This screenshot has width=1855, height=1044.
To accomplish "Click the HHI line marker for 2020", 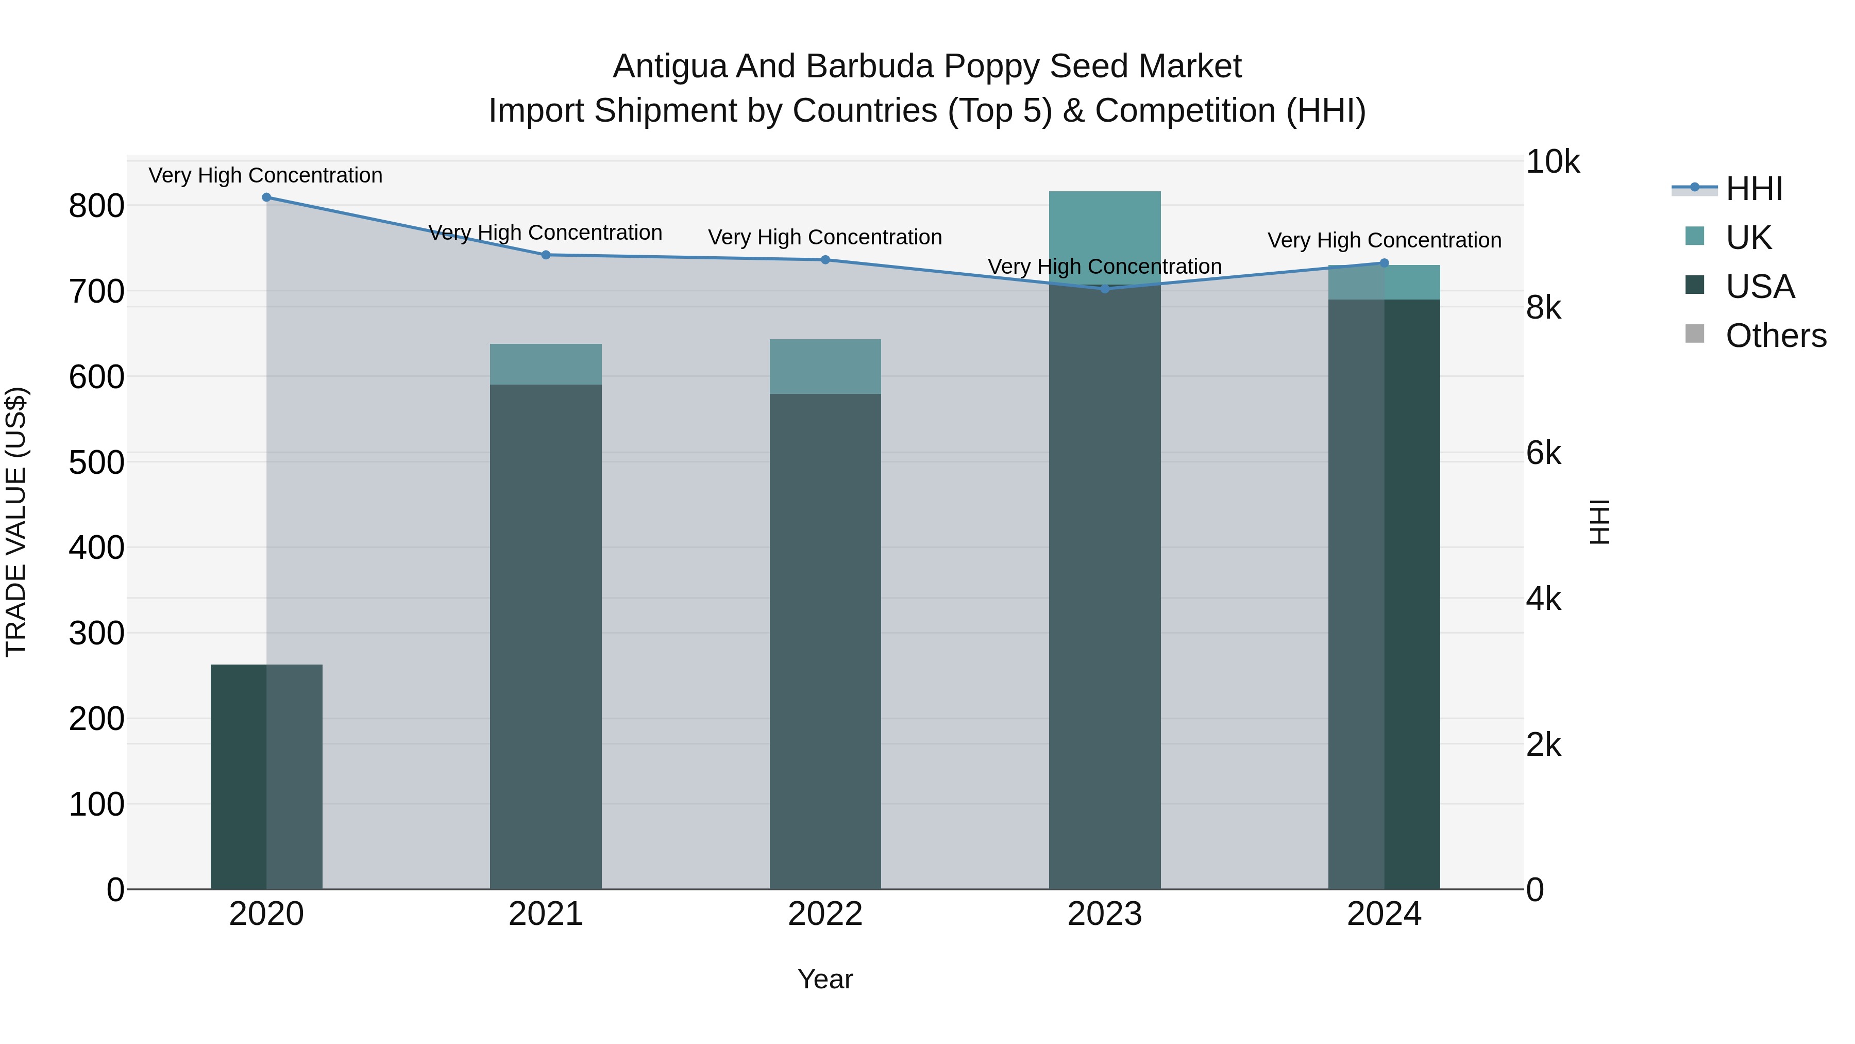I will (266, 197).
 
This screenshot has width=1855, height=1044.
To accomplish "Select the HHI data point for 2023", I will (1105, 289).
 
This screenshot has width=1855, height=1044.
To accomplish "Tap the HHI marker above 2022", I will (825, 260).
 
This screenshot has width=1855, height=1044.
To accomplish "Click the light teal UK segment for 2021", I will (546, 364).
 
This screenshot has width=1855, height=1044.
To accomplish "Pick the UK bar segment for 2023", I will (1105, 238).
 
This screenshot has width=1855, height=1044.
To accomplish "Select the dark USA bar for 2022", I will (825, 641).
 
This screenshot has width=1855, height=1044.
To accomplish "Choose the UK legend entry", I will (1748, 238).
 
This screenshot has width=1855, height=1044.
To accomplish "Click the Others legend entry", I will (1775, 336).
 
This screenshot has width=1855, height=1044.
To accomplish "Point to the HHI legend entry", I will (1753, 189).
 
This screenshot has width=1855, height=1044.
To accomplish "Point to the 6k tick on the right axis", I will (1543, 453).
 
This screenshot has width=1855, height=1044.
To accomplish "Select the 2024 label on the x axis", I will (1384, 914).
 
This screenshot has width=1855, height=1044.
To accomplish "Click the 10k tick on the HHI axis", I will (1552, 162).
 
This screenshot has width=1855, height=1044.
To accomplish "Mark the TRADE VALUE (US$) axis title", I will (16, 522).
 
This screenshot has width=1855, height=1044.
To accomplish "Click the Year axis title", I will (825, 979).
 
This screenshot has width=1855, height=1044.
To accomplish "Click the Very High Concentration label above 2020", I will (266, 175).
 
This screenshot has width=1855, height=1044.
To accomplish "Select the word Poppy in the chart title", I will (991, 67).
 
